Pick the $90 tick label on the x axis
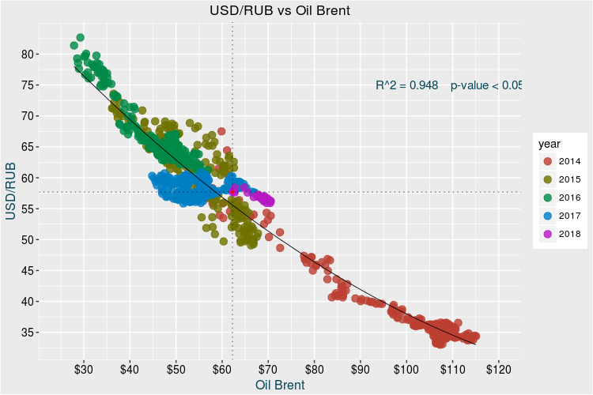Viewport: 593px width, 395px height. coord(361,369)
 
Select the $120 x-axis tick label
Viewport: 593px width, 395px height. coord(499,369)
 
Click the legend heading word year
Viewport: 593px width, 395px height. coord(550,144)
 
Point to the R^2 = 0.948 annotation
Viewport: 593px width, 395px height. coord(407,85)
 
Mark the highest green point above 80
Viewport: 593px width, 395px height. coord(80,37)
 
